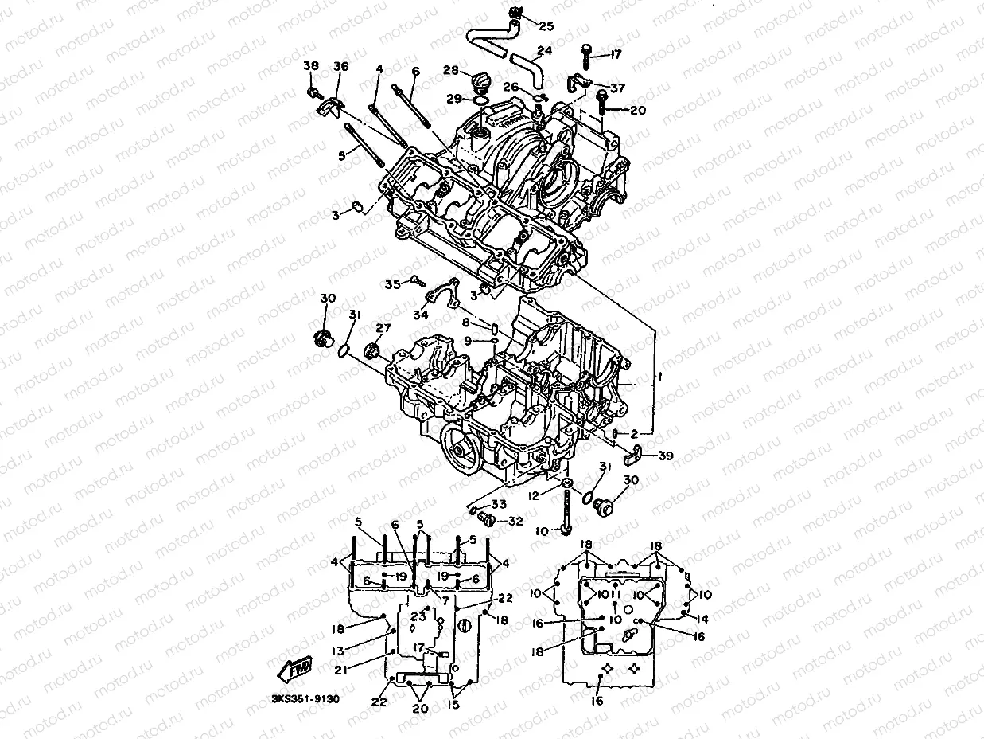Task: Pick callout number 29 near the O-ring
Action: click(453, 98)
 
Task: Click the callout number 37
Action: click(617, 87)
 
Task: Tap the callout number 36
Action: click(340, 66)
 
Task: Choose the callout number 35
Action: click(393, 284)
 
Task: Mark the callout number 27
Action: click(384, 328)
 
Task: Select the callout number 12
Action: click(535, 495)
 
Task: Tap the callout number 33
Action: click(499, 504)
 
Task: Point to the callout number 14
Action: click(701, 618)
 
